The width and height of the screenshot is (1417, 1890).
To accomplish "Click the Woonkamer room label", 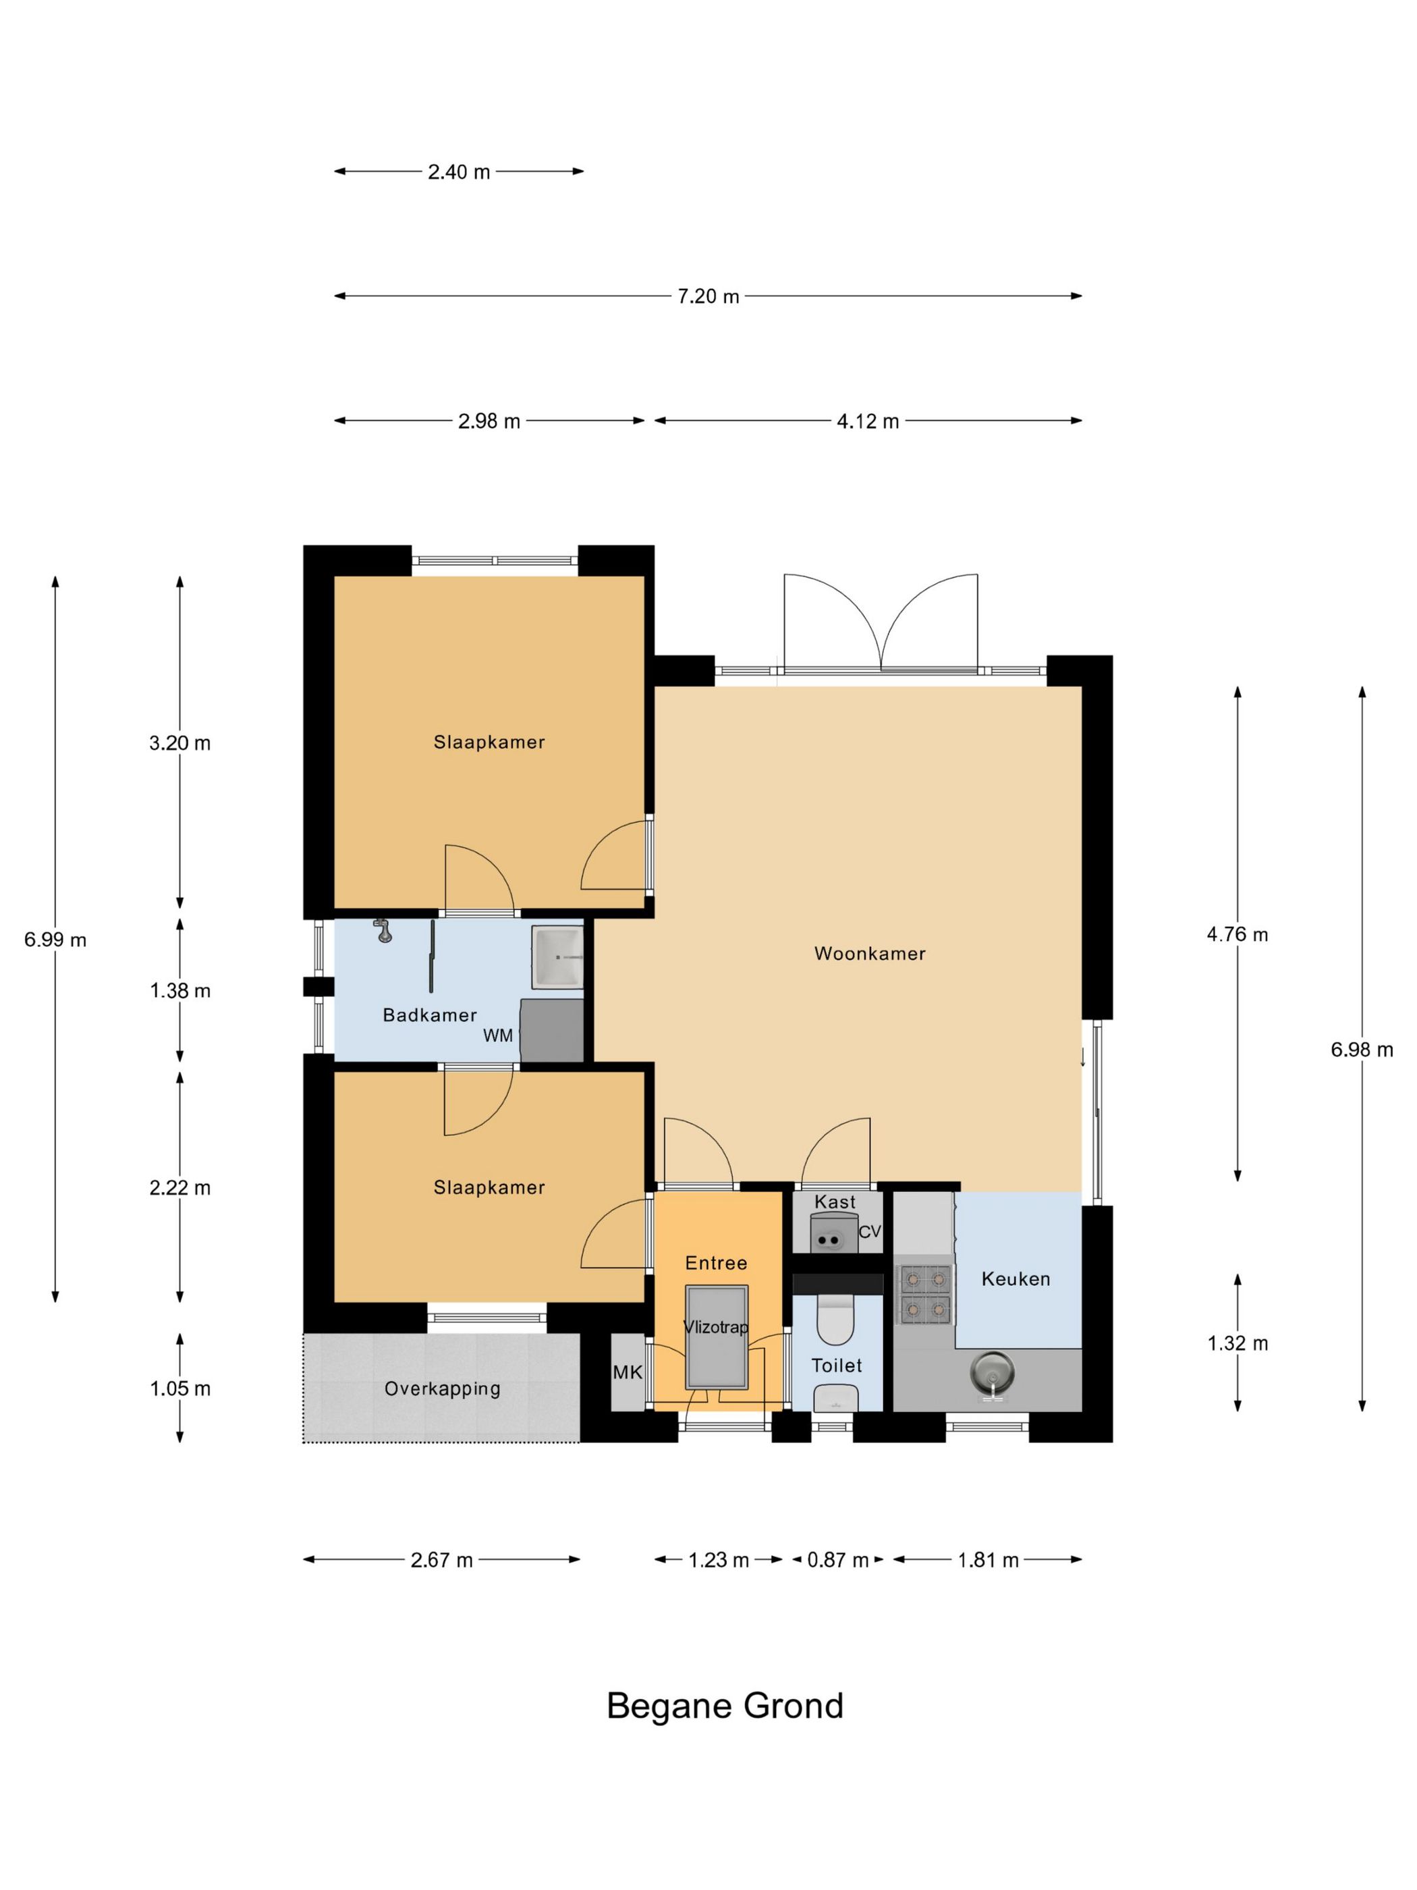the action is coord(870,954).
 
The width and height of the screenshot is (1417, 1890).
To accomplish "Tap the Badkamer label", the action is coord(430,1015).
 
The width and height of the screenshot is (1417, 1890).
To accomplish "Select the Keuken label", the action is coord(1016,1279).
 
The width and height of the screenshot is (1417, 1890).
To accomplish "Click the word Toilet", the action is coord(837,1366).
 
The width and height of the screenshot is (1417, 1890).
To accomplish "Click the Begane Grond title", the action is coord(725,1706).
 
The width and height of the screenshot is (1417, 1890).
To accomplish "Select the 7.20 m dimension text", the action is coord(708,296).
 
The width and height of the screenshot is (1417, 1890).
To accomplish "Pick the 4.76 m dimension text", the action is coord(1238,935).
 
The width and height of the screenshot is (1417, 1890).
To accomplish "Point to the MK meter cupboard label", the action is coord(628,1372).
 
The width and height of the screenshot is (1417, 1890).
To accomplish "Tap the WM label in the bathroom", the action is coord(498,1035).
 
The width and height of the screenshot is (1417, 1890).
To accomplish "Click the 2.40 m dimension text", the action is coord(459,171).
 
